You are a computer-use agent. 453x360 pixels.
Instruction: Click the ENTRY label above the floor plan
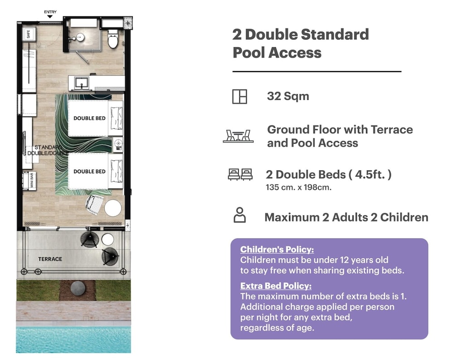pyautogui.click(x=50, y=12)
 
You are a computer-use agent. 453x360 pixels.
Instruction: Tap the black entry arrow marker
pyautogui.click(x=50, y=16)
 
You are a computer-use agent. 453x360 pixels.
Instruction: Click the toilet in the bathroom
pyautogui.click(x=113, y=39)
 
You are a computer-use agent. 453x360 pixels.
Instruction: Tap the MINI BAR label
pyautogui.click(x=31, y=181)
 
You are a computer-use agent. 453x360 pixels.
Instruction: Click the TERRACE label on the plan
pyautogui.click(x=50, y=259)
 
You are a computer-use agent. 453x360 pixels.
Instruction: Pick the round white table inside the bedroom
pyautogui.click(x=113, y=208)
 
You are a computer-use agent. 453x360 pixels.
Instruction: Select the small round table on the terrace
pyautogui.click(x=108, y=239)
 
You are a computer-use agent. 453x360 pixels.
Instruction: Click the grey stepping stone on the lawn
pyautogui.click(x=78, y=288)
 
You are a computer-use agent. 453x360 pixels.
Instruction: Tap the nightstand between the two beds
pyautogui.click(x=118, y=144)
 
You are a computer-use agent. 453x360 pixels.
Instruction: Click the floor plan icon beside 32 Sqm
pyautogui.click(x=240, y=96)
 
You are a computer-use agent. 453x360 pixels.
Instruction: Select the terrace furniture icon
pyautogui.click(x=238, y=136)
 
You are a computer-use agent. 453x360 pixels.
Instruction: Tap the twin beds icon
pyautogui.click(x=240, y=175)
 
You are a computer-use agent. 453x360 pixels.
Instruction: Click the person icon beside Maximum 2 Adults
pyautogui.click(x=240, y=215)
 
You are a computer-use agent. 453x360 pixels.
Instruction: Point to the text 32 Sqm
pyautogui.click(x=288, y=96)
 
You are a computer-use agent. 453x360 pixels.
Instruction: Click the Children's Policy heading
pyautogui.click(x=277, y=249)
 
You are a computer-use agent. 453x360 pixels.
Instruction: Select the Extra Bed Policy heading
pyautogui.click(x=276, y=286)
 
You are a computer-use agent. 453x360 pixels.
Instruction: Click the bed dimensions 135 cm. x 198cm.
pyautogui.click(x=299, y=187)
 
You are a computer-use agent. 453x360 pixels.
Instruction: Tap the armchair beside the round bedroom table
pyautogui.click(x=95, y=204)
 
